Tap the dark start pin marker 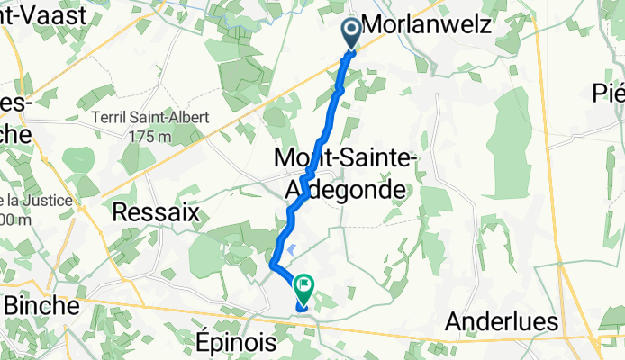coord(350,32)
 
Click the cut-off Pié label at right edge coord(609,93)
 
